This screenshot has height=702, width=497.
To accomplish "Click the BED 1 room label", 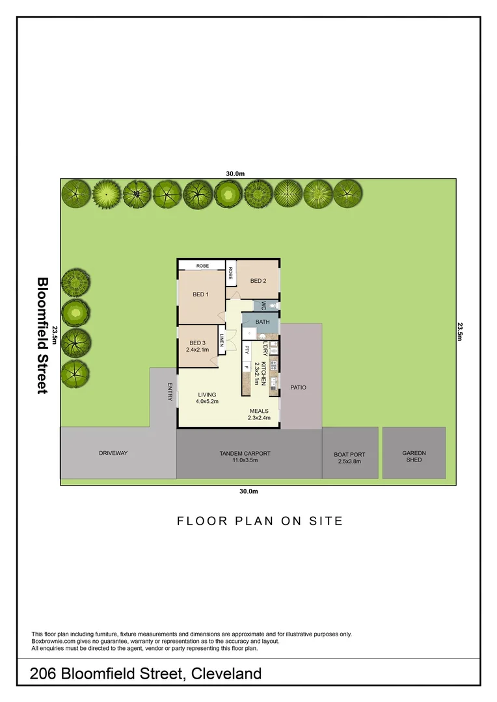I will pos(200,294).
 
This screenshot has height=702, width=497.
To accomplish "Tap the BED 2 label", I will pos(258,281).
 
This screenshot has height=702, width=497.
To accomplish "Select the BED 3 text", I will pos(198,343).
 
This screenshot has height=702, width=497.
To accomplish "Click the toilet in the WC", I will pos(274,305).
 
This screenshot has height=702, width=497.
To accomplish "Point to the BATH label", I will pos(262,322).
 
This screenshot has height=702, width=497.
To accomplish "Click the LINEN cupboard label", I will pos(222,340).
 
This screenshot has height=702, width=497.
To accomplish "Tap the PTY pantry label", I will pos(247,349).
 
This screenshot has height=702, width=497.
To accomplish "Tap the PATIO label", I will pos(298,387).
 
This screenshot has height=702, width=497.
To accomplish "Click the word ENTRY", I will pos(170,391).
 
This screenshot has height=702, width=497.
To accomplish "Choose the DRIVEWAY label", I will pos(113,452).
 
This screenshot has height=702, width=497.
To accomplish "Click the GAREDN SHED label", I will pos(414,456).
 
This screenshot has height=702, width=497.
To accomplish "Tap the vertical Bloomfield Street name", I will pos(42,335).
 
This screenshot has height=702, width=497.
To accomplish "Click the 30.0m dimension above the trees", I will pos(235,174).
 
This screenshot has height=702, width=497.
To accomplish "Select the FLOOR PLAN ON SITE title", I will pos(260,521).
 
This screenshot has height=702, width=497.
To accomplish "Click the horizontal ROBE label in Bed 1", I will pos(202,265).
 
